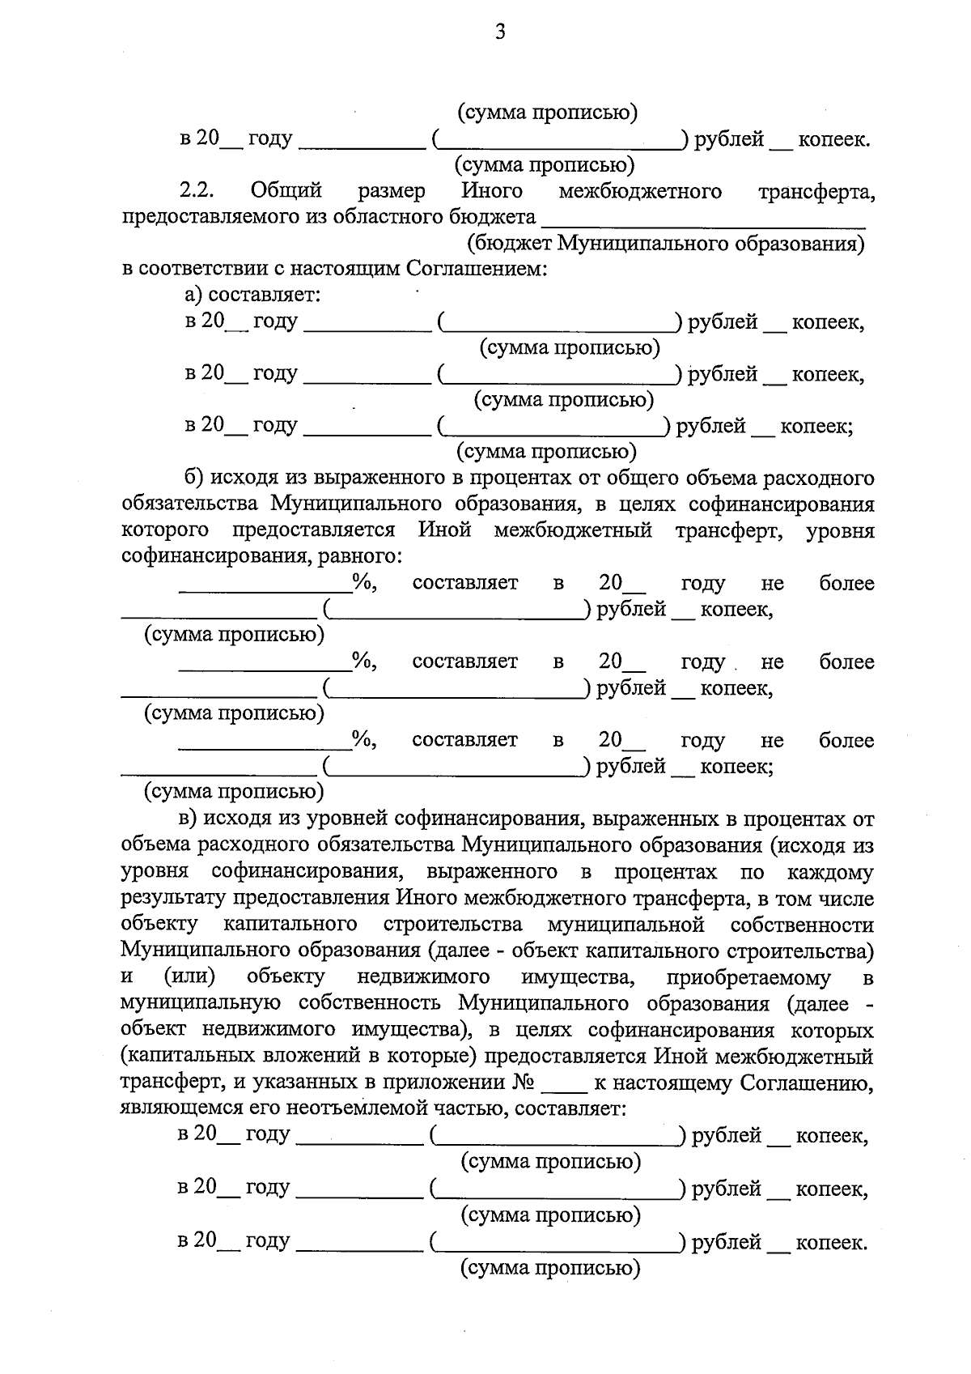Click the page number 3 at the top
click(x=499, y=32)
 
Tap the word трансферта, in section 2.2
click(x=816, y=193)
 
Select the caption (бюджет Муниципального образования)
click(x=666, y=244)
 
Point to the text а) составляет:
click(x=253, y=295)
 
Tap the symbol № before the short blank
click(x=522, y=1083)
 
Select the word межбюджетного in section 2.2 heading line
click(x=639, y=191)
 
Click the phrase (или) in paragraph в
click(x=189, y=978)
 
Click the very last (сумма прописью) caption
click(x=550, y=1268)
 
